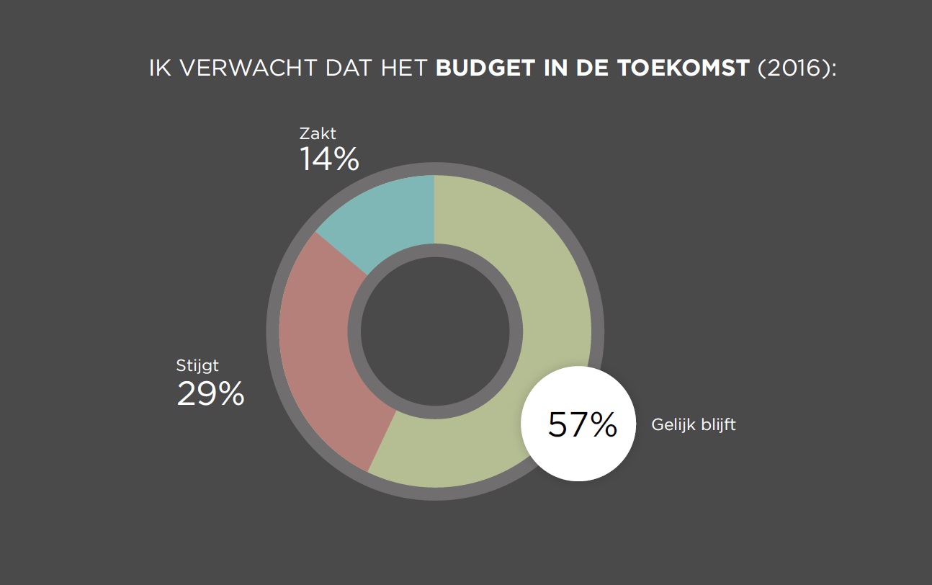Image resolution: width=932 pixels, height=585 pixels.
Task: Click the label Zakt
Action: [x=318, y=133]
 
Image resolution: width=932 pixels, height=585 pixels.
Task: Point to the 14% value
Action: [x=329, y=159]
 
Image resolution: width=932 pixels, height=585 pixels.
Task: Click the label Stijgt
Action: [x=197, y=365]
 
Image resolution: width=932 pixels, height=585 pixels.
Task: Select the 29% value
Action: [x=210, y=394]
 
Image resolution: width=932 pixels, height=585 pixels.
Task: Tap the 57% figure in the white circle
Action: [x=582, y=425]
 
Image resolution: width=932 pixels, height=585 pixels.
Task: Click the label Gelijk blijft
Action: [x=693, y=424]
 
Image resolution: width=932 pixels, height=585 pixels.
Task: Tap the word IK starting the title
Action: [x=158, y=68]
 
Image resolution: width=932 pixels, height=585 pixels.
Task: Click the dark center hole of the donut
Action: [x=434, y=331]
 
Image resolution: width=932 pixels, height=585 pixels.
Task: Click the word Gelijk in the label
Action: [x=671, y=424]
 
